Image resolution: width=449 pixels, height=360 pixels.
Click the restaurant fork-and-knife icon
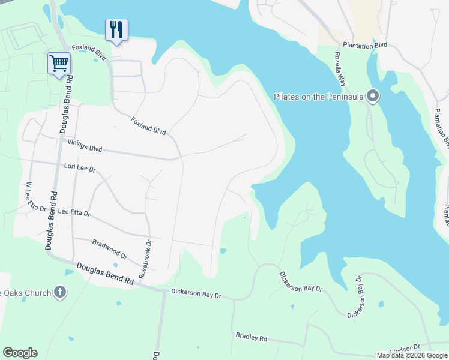click(x=116, y=30)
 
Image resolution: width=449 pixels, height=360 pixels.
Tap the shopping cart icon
click(x=59, y=63)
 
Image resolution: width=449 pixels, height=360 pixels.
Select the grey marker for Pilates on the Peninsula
click(x=373, y=96)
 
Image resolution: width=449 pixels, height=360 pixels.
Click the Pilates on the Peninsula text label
click(x=318, y=97)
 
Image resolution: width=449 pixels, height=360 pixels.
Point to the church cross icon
click(x=59, y=292)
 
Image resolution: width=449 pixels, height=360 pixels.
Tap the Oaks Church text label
click(x=24, y=293)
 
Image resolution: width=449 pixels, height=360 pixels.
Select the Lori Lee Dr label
click(x=80, y=169)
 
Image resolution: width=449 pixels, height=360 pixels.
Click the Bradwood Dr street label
click(x=110, y=250)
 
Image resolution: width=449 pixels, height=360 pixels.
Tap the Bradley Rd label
click(x=251, y=337)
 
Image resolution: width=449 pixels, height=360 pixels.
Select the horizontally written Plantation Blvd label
click(x=365, y=45)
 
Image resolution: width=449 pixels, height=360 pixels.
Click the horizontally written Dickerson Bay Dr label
click(x=196, y=293)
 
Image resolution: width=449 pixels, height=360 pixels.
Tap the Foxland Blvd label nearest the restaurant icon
click(x=89, y=52)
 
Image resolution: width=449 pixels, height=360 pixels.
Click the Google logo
click(x=20, y=353)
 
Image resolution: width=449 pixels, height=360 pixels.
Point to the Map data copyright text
click(x=411, y=355)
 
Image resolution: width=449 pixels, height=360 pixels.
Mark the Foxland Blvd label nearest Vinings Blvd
click(x=148, y=125)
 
